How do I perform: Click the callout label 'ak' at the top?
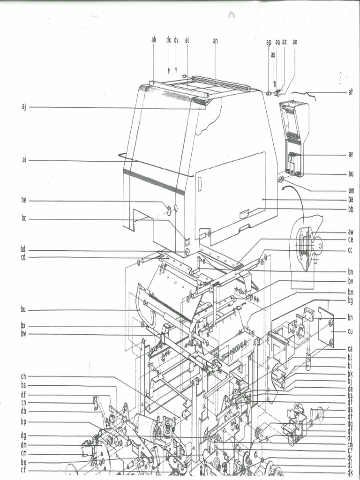click(x=154, y=40)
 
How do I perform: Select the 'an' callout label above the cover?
click(x=215, y=41)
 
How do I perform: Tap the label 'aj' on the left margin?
click(x=24, y=107)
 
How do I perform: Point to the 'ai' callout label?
click(x=24, y=160)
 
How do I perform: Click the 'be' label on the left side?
click(x=24, y=201)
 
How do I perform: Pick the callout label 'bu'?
click(x=23, y=309)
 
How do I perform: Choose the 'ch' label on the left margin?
click(x=23, y=376)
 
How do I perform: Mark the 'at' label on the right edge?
click(x=350, y=92)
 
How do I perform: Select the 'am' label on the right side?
click(x=351, y=190)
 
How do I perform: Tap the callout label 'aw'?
click(x=350, y=232)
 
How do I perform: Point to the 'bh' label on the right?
click(x=350, y=318)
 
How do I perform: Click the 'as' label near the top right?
click(x=273, y=55)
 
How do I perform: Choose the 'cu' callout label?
click(x=350, y=331)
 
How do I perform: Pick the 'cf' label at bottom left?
click(x=23, y=470)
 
